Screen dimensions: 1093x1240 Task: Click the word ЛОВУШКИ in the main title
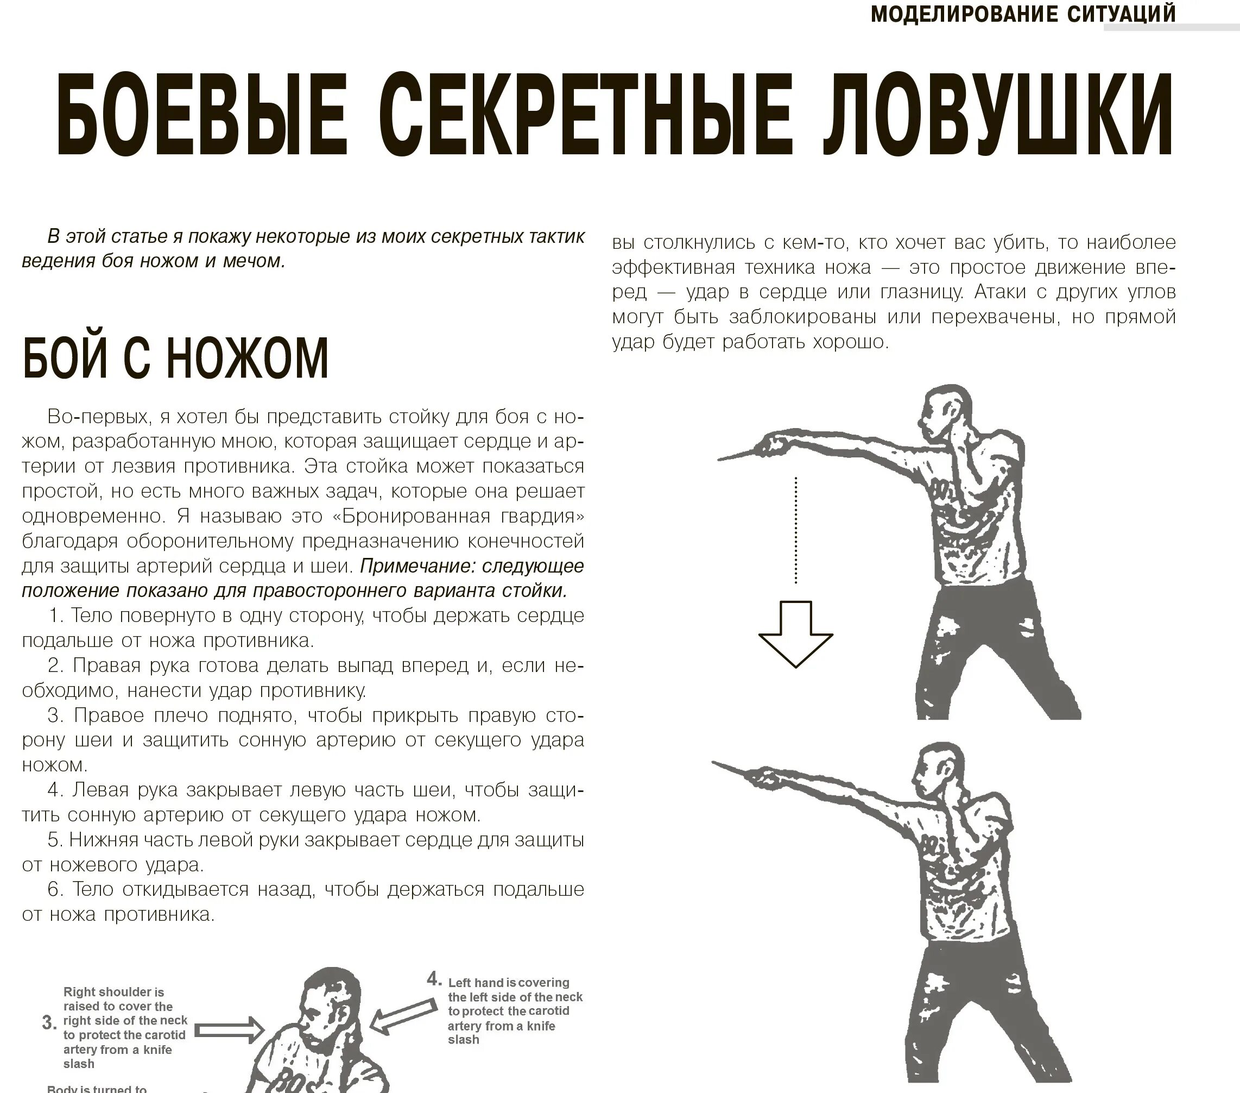pos(997,115)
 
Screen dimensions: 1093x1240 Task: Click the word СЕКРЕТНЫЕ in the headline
pos(585,115)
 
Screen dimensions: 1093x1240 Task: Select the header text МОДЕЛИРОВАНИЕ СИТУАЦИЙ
pos(1023,14)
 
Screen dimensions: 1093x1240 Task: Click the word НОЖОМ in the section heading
pos(248,358)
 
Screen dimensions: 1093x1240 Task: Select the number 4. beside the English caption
pos(434,978)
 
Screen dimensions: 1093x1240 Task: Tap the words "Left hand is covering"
pos(508,983)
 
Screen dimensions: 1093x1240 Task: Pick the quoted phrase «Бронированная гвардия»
pos(459,516)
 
